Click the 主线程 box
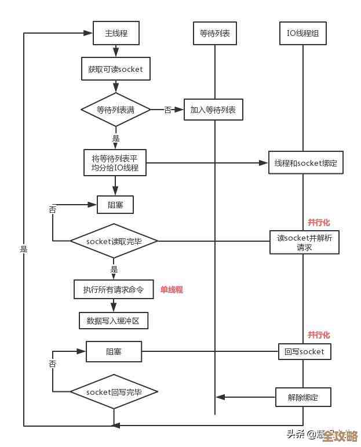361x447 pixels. pyautogui.click(x=116, y=34)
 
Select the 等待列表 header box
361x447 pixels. pyautogui.click(x=215, y=34)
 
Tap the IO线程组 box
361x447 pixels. pyautogui.click(x=302, y=34)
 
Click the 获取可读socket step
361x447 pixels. pyautogui.click(x=115, y=69)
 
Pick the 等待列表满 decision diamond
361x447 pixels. pyautogui.click(x=116, y=109)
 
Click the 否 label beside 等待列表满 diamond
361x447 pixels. pyautogui.click(x=167, y=110)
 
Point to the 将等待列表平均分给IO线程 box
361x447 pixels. pyautogui.click(x=115, y=163)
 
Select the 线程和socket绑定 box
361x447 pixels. pyautogui.click(x=306, y=163)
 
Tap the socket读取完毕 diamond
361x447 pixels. pyautogui.click(x=114, y=241)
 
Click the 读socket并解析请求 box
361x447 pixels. pyautogui.click(x=304, y=242)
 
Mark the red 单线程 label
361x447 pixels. pyautogui.click(x=172, y=289)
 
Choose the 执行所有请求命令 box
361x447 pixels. pyautogui.click(x=113, y=289)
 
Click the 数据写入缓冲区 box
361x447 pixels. pyautogui.click(x=114, y=320)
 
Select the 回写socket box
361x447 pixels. pyautogui.click(x=304, y=351)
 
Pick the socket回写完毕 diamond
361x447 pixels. pyautogui.click(x=114, y=392)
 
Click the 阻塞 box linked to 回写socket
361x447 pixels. pyautogui.click(x=114, y=351)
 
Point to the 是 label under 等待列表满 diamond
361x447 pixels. pyautogui.click(x=116, y=139)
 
